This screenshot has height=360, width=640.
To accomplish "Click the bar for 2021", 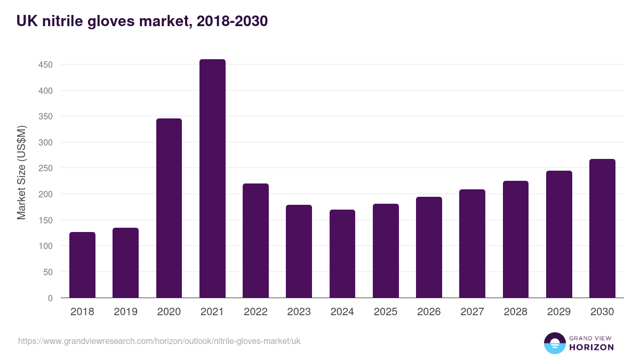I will pyautogui.click(x=212, y=179).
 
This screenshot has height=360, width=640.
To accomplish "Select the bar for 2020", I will pyautogui.click(x=169, y=208).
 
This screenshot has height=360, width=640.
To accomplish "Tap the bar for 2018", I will pyautogui.click(x=82, y=265).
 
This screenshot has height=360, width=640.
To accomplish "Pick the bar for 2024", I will pyautogui.click(x=342, y=254).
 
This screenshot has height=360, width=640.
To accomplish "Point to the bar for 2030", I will pyautogui.click(x=602, y=228).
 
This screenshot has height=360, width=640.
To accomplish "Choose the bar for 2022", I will pyautogui.click(x=255, y=241).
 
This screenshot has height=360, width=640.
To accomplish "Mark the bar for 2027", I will pyautogui.click(x=472, y=244).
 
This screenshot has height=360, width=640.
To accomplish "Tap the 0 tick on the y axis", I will pyautogui.click(x=50, y=298).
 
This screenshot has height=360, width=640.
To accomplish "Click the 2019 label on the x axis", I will pyautogui.click(x=126, y=312).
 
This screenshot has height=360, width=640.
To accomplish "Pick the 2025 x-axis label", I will pyautogui.click(x=386, y=312).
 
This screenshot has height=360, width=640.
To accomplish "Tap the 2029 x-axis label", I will pyautogui.click(x=559, y=312).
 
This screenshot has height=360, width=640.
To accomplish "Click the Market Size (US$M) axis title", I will pyautogui.click(x=21, y=172).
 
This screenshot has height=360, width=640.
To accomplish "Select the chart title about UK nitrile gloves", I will pyautogui.click(x=142, y=21).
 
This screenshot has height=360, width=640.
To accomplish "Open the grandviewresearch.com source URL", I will pyautogui.click(x=159, y=341).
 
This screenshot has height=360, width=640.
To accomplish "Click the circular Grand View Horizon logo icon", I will pyautogui.click(x=554, y=343).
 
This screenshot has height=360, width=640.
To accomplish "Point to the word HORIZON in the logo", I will pyautogui.click(x=591, y=347).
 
